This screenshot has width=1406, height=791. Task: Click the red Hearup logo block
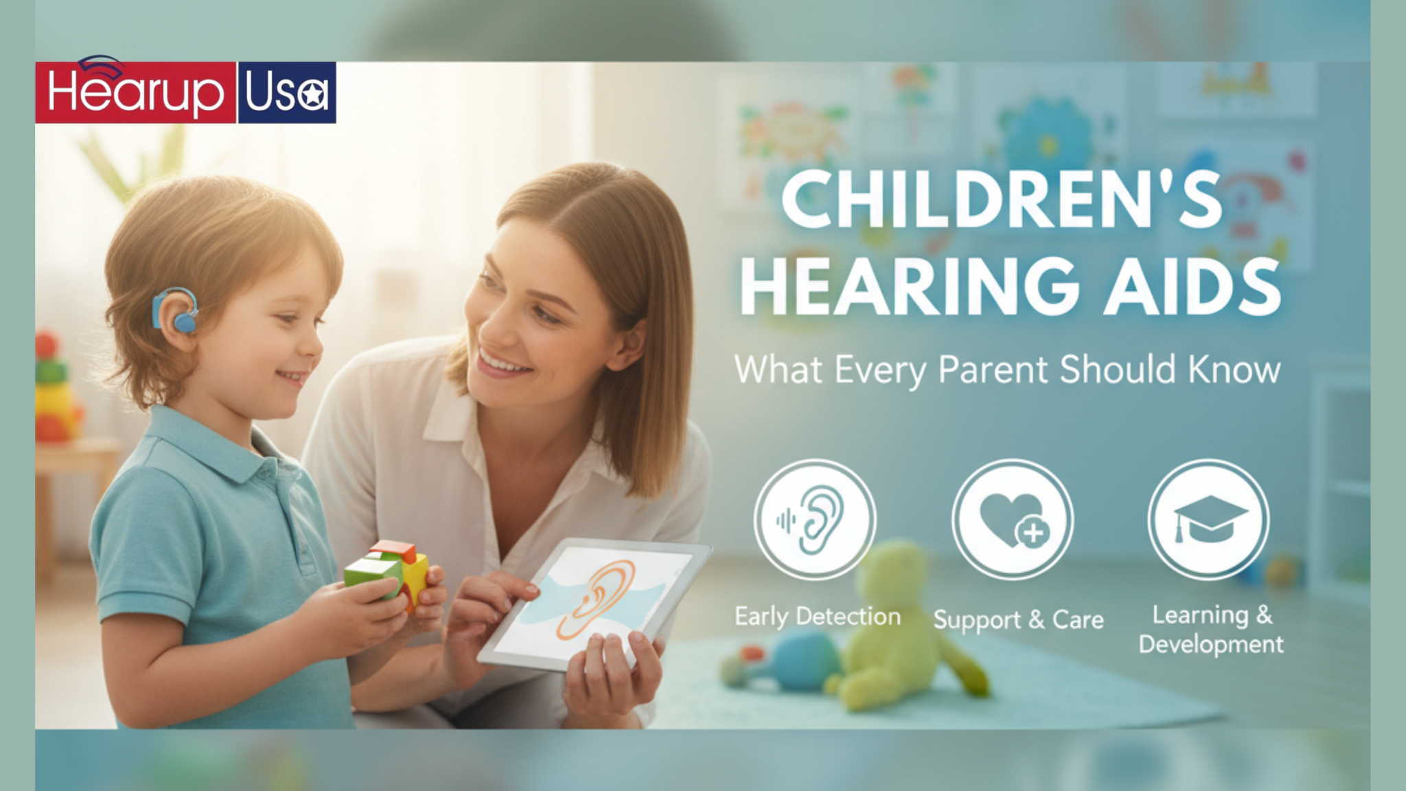click(x=135, y=93)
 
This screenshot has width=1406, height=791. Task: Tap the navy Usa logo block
click(x=287, y=93)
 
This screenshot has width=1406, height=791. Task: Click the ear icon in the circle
click(x=815, y=519)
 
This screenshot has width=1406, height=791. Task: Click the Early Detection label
click(x=818, y=617)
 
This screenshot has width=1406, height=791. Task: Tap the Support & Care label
click(x=1018, y=620)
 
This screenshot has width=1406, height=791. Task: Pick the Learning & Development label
click(x=1211, y=630)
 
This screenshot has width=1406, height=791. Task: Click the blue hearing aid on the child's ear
click(x=177, y=311)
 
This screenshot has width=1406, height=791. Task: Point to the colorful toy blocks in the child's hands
click(x=388, y=569)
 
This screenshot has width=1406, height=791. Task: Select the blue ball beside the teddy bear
click(x=803, y=659)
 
